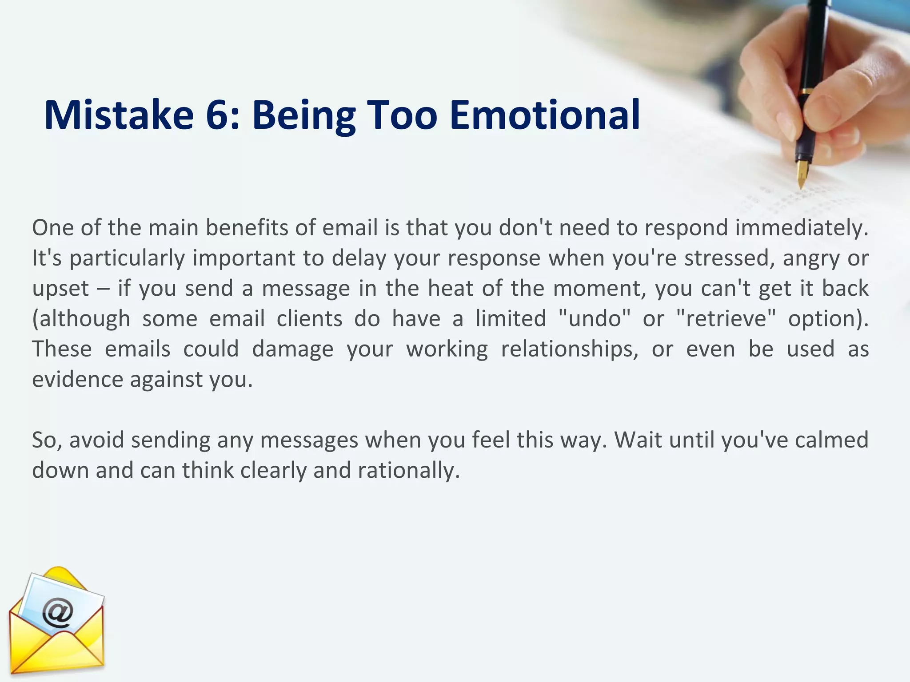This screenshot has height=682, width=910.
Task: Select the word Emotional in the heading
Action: [x=545, y=115]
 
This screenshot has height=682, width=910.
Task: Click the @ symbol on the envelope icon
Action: [x=58, y=614]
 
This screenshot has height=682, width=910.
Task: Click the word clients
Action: [x=309, y=319]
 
